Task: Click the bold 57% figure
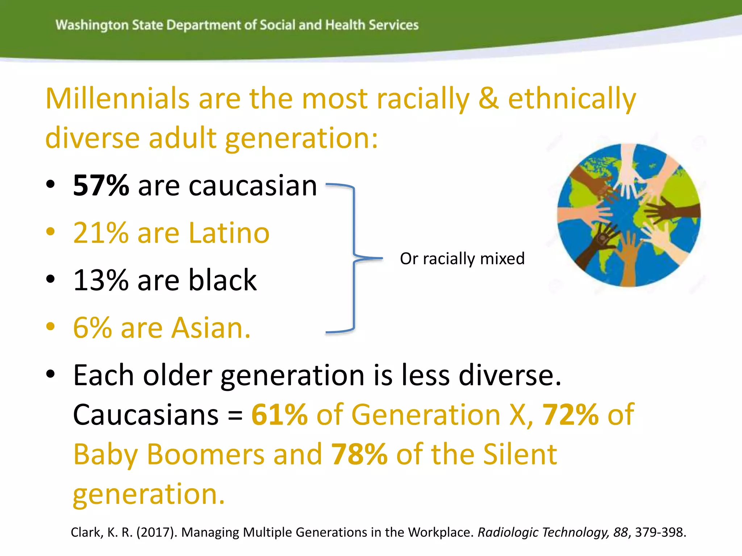101,185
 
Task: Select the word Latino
229,233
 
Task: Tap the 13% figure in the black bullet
101,280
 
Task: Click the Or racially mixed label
462,258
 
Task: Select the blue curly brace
353,258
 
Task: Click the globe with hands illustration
629,215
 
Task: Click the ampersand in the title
488,98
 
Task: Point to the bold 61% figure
279,414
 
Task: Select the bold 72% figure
570,414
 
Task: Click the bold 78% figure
359,454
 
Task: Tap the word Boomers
205,454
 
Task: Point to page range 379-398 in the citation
660,532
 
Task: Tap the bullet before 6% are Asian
50,326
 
